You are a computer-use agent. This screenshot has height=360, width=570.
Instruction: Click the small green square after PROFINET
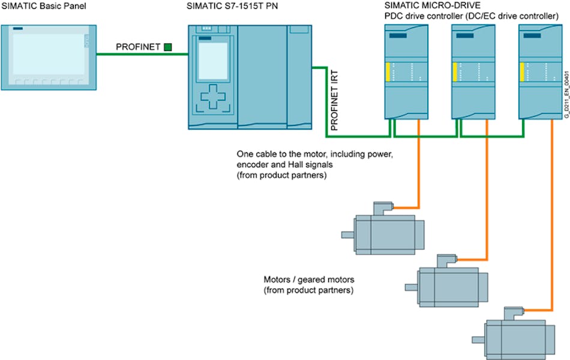[x=167, y=46]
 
